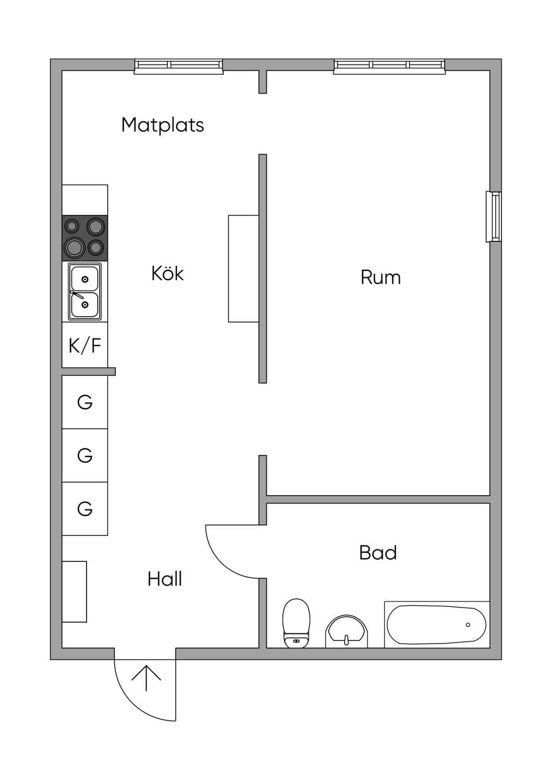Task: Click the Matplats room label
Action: coord(163,125)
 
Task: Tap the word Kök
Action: coord(167,273)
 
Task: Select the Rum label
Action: coord(380,277)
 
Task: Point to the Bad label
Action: coord(378,553)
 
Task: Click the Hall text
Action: coord(165,579)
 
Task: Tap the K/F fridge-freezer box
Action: coord(85,345)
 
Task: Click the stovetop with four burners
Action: coord(85,238)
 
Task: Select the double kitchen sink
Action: coord(85,291)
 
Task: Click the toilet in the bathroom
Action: coord(296,623)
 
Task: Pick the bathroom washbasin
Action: coord(347,631)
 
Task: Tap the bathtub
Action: coord(437,624)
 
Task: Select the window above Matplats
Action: coord(179,67)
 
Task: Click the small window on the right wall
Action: coord(493,216)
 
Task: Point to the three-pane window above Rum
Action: coord(390,67)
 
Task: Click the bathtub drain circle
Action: coord(468,625)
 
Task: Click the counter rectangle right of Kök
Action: coord(244,268)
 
